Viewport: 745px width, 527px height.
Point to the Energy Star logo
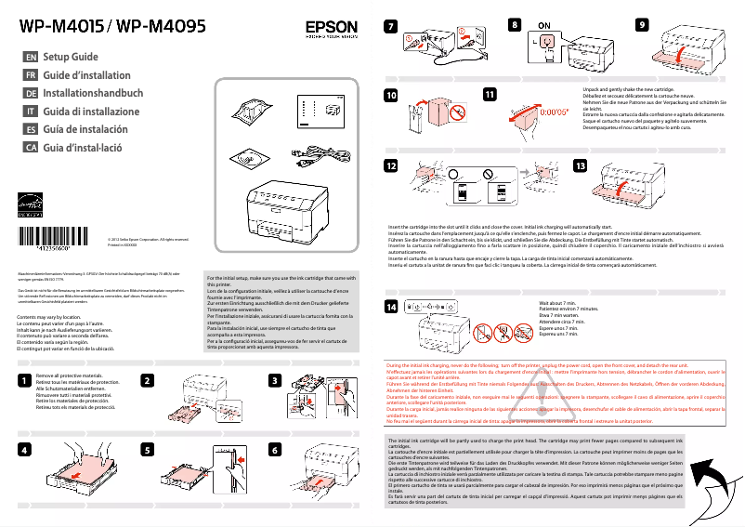pyautogui.click(x=31, y=204)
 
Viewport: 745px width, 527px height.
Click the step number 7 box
pyautogui.click(x=392, y=25)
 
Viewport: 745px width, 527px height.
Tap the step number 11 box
pyautogui.click(x=490, y=94)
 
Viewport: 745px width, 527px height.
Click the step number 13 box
pyautogui.click(x=582, y=165)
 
